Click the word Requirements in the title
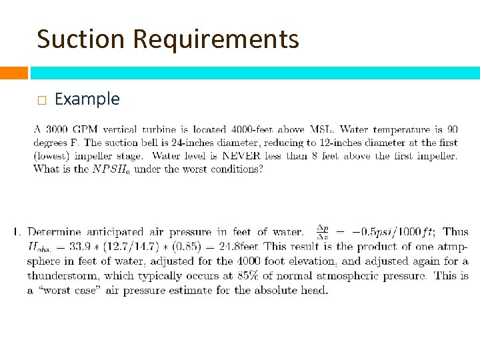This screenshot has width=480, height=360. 216,40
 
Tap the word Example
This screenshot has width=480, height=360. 87,99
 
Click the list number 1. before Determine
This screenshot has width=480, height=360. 17,233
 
